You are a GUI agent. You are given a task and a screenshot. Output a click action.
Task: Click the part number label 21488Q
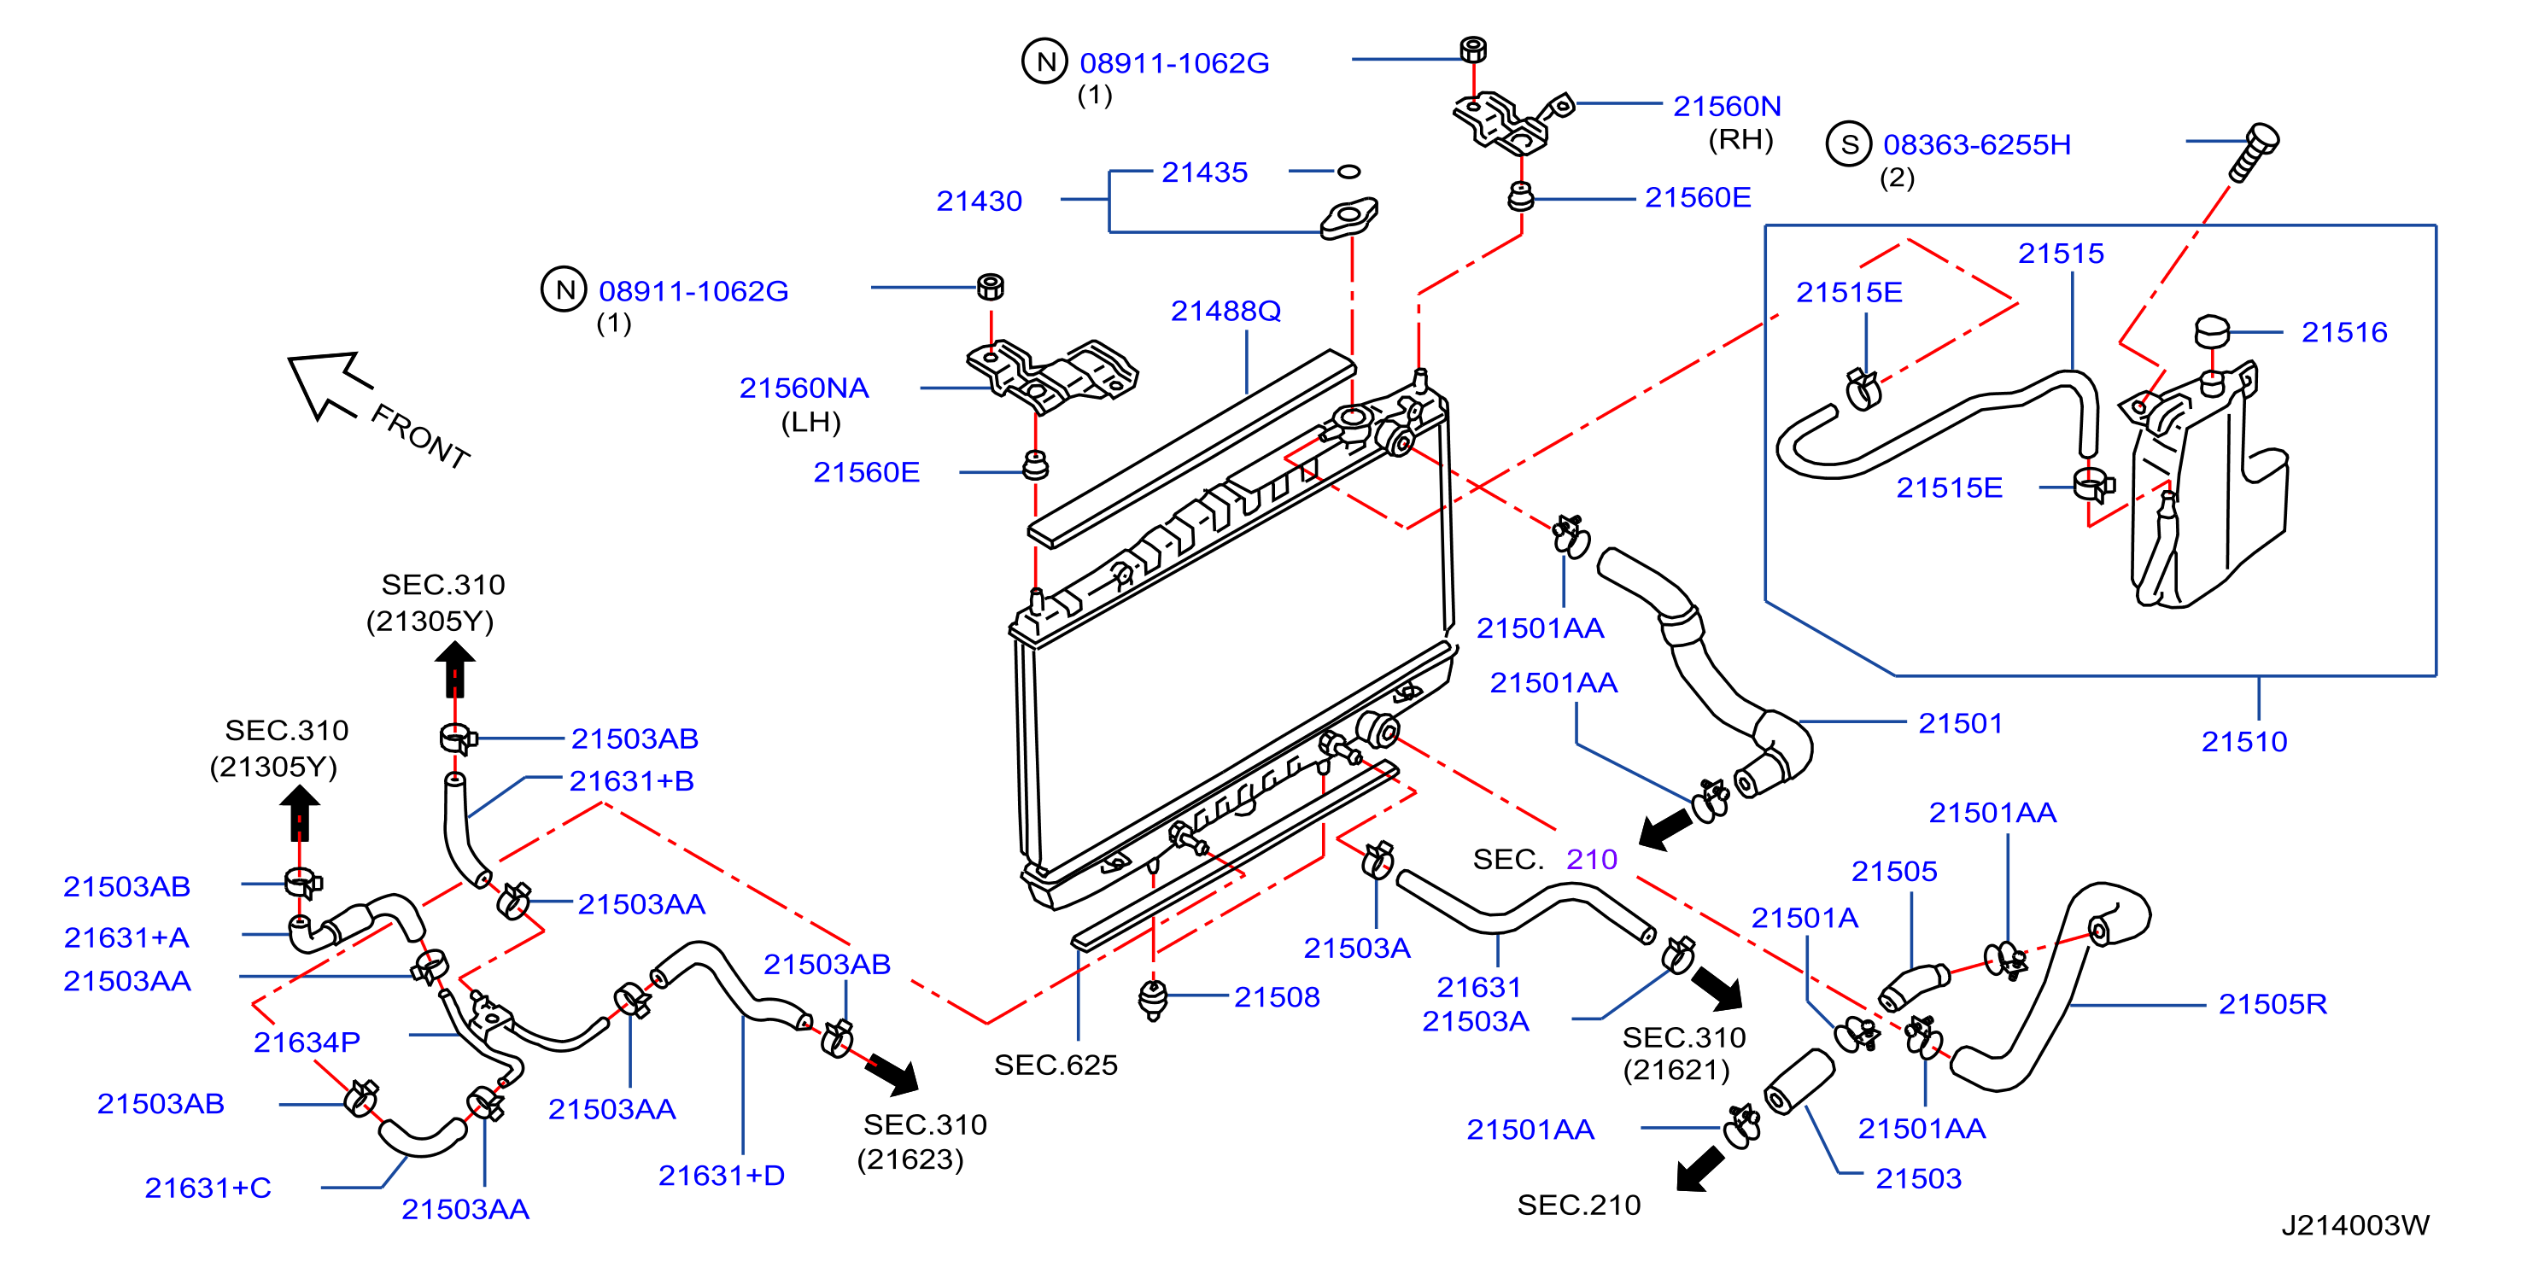click(1225, 311)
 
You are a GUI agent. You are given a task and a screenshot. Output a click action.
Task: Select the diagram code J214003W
click(2354, 1225)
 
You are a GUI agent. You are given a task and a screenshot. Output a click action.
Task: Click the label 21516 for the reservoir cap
click(2343, 332)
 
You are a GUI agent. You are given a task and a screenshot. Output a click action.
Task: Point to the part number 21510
click(2243, 741)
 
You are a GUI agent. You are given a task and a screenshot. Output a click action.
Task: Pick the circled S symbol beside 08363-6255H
click(1849, 145)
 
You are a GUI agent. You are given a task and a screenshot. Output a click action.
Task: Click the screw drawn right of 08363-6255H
click(2255, 153)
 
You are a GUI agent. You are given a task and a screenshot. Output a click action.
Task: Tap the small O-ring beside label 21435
click(1350, 172)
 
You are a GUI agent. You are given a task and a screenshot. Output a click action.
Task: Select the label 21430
click(979, 201)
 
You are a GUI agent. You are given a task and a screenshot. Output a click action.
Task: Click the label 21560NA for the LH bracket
click(804, 388)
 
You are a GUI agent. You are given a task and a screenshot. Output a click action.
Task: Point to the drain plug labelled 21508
click(1154, 999)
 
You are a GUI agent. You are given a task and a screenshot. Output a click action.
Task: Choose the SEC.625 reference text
click(1056, 1065)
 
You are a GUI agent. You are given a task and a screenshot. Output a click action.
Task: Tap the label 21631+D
click(721, 1176)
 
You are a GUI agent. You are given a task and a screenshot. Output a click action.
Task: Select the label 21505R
click(2272, 1004)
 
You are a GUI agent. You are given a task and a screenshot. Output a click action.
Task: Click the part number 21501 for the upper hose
click(1960, 724)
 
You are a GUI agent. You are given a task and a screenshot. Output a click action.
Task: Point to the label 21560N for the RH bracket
click(1727, 106)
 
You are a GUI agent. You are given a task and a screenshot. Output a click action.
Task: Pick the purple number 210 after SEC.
click(1591, 860)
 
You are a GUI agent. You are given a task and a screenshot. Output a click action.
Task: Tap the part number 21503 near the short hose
click(1918, 1179)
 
